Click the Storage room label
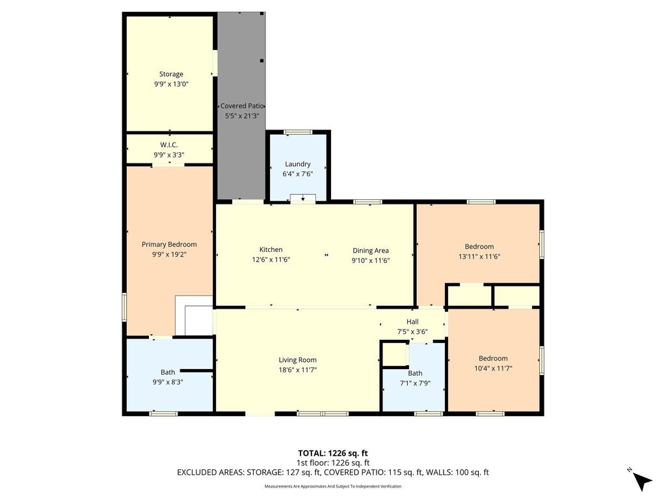tap(171, 74)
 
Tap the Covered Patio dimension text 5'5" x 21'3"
tap(242, 116)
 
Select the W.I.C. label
tap(169, 145)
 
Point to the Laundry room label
tap(298, 164)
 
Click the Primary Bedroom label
tap(169, 245)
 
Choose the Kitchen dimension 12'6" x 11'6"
tap(271, 259)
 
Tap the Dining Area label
tap(370, 251)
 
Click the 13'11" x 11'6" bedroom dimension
tap(479, 257)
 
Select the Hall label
tap(412, 322)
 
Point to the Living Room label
tap(297, 360)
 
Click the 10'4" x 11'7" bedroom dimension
tap(493, 368)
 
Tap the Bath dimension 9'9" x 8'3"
tap(168, 382)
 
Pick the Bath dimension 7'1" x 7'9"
tap(415, 383)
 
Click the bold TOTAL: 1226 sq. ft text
tap(332, 453)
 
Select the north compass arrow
tap(641, 481)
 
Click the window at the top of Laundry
tap(298, 132)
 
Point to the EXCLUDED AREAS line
tap(333, 473)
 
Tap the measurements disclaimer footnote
tap(333, 486)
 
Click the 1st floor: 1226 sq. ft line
tap(333, 463)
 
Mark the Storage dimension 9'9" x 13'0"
tap(171, 84)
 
